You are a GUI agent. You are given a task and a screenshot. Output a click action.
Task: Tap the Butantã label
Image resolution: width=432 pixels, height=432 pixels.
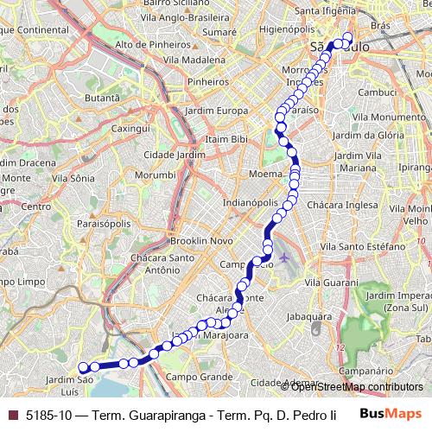pyautogui.click(x=102, y=99)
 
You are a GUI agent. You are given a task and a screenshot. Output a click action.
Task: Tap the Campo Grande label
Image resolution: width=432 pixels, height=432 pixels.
pyautogui.click(x=194, y=378)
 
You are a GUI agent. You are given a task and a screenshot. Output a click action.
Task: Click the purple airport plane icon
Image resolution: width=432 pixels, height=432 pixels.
pyautogui.click(x=285, y=257)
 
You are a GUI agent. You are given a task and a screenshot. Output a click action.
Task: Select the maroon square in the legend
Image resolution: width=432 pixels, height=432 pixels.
pyautogui.click(x=11, y=414)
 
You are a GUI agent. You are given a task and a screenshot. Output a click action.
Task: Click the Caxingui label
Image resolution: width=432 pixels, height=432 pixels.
pyautogui.click(x=130, y=128)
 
